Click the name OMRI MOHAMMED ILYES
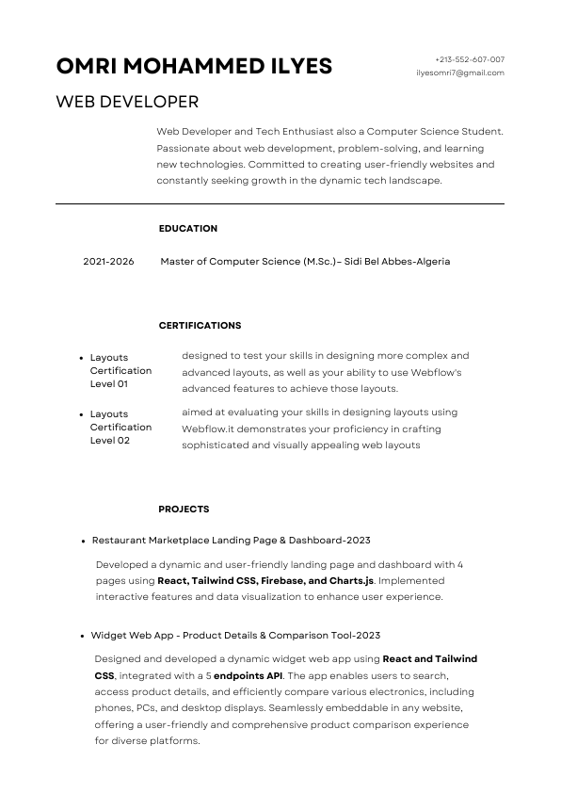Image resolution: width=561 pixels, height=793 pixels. click(x=194, y=66)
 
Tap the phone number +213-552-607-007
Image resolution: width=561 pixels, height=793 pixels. click(x=469, y=59)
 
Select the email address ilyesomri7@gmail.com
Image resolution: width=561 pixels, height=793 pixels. click(x=459, y=73)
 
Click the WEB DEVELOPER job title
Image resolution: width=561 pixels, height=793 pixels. click(x=127, y=102)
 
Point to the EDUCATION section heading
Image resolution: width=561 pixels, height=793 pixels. click(x=187, y=229)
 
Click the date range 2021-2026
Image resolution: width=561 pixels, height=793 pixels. click(x=108, y=262)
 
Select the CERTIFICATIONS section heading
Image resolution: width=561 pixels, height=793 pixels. click(x=200, y=326)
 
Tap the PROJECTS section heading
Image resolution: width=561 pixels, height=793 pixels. click(x=184, y=510)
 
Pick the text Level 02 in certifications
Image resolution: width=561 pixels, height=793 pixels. click(x=110, y=441)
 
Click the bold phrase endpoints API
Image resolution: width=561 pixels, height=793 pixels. click(x=249, y=676)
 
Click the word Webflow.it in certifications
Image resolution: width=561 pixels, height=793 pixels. click(x=206, y=429)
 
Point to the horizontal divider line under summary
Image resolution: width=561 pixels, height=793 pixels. click(x=280, y=203)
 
